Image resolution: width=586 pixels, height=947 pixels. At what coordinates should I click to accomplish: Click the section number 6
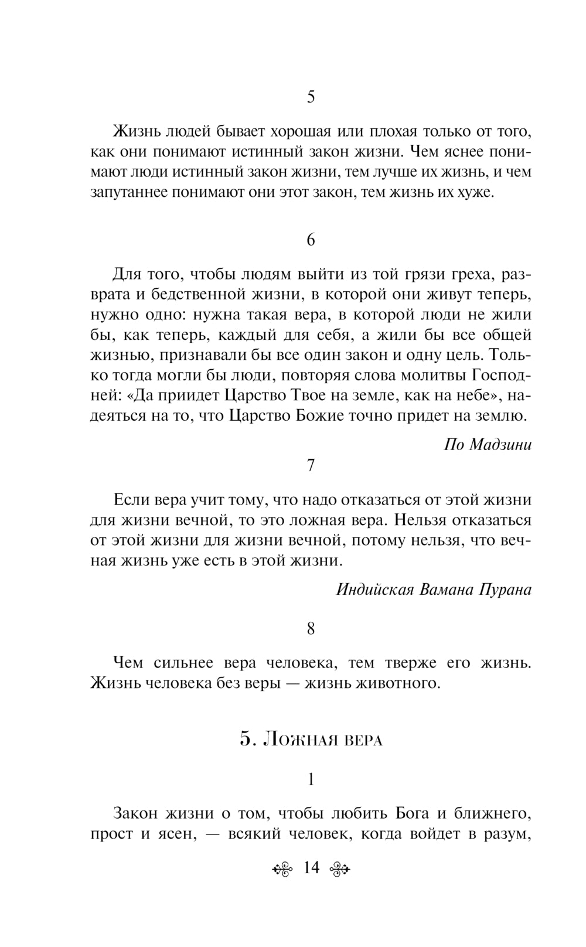coord(311,240)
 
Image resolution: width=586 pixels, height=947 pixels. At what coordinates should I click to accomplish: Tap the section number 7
coord(311,465)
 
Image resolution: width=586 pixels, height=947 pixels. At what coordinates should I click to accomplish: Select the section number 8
coord(311,629)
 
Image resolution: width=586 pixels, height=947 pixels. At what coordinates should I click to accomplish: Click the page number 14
coord(311,867)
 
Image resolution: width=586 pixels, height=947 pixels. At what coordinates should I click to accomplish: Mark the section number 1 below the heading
coord(311,779)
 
